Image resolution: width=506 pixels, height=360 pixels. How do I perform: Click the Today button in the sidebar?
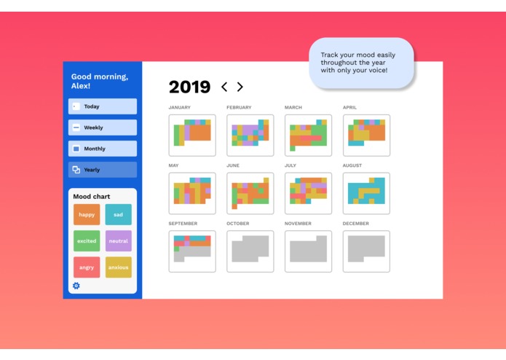point(103,106)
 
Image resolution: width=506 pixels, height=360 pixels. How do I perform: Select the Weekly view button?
point(103,128)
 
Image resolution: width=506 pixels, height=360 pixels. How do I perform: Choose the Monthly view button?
point(103,149)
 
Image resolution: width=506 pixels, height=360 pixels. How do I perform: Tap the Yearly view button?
point(103,170)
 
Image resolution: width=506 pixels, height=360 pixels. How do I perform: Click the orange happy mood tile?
point(87,214)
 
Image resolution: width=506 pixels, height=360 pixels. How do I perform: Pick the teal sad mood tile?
point(118,214)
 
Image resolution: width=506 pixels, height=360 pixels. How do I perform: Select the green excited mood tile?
point(87,240)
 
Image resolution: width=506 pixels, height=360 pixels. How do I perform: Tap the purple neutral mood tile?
point(118,240)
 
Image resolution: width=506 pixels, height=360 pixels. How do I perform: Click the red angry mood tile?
point(87,267)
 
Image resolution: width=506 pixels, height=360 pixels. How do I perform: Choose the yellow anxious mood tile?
point(118,267)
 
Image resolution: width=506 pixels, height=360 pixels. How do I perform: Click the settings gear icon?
point(76,286)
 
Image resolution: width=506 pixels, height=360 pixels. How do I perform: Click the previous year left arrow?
point(224,87)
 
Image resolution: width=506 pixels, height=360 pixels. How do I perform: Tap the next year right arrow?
point(240,87)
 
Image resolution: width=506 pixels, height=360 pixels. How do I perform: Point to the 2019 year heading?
point(189,87)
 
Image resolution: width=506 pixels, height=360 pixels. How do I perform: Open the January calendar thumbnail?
point(192,135)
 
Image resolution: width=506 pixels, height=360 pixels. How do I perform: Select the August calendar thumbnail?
point(366,193)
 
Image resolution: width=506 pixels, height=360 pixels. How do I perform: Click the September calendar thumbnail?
point(192,251)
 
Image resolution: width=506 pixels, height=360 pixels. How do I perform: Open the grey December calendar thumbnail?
point(366,251)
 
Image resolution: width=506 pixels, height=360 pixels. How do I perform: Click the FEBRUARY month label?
point(239,107)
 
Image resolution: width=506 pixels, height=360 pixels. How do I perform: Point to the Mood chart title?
point(92,196)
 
